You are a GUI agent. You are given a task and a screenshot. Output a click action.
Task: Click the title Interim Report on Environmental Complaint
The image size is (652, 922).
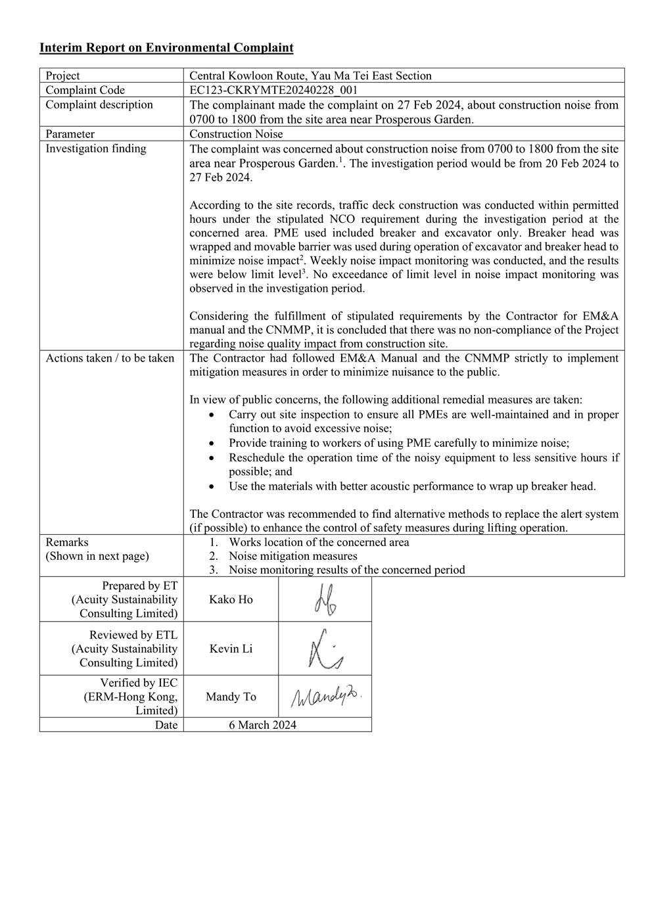click(x=166, y=47)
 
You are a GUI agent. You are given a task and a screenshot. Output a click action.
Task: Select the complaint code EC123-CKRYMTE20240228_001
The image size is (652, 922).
click(x=273, y=90)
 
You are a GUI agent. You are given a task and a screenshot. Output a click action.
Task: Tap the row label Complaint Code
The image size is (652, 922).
click(x=85, y=90)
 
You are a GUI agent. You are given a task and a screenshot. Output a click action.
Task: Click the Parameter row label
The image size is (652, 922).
click(x=70, y=134)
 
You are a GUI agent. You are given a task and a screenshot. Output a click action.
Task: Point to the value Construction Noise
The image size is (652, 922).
click(x=236, y=134)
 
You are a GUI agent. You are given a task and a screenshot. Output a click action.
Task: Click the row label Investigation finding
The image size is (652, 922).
click(x=96, y=149)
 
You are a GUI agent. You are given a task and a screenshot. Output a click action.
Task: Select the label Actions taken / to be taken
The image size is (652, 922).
click(x=110, y=358)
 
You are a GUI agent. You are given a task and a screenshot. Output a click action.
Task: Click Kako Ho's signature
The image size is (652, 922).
click(x=325, y=599)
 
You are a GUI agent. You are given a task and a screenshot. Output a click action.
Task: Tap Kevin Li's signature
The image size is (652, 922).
click(x=325, y=649)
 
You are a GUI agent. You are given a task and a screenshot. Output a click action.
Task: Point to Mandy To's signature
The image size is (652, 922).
click(x=326, y=697)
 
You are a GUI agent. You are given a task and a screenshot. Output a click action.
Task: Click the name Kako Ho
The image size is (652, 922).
click(x=231, y=599)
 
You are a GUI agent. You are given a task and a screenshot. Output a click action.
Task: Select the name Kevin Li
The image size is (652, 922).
click(x=231, y=649)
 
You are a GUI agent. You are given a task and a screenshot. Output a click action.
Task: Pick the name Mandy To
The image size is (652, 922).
click(x=231, y=697)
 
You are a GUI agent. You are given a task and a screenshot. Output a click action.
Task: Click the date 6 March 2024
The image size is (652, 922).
click(x=262, y=725)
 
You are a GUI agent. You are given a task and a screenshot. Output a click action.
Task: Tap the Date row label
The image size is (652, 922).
click(x=166, y=725)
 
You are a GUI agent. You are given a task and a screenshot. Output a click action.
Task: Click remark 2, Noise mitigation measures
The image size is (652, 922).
click(x=292, y=556)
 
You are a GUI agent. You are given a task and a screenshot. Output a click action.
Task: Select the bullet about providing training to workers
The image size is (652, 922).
click(x=399, y=443)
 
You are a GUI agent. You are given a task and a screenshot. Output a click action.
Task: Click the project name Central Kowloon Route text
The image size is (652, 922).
click(x=310, y=76)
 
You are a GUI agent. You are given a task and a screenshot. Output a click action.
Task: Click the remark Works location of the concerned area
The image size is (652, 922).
click(x=319, y=542)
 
